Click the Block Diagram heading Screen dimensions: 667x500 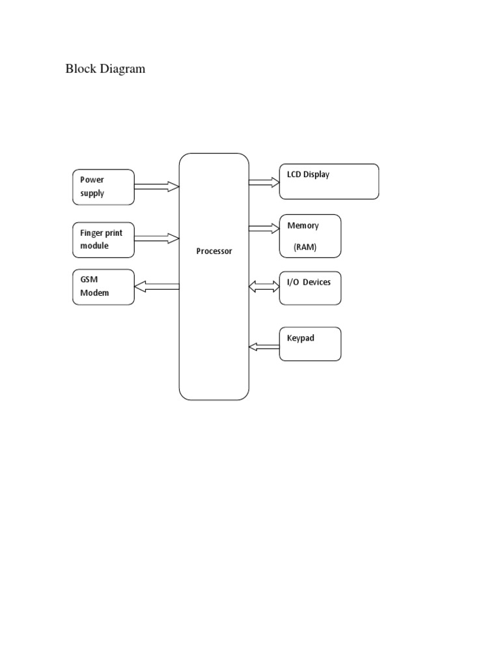[105, 68]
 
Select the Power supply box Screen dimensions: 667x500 [104, 186]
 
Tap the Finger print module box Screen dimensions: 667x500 [104, 239]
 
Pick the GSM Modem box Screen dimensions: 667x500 [104, 287]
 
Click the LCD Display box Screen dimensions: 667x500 [329, 181]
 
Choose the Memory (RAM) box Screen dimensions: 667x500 [310, 236]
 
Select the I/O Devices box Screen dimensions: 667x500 [310, 288]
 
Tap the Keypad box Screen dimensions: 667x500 [310, 343]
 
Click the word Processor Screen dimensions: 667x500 [214, 251]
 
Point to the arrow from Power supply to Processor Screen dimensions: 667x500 [157, 186]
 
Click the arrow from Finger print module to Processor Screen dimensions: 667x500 [157, 239]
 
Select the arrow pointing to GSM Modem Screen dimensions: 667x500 [157, 285]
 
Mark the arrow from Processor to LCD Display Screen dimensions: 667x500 [264, 182]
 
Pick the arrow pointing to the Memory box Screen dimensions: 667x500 [264, 228]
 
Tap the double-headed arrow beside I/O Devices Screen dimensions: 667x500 [264, 286]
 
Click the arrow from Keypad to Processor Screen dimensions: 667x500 [264, 347]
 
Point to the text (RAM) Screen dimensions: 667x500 [305, 248]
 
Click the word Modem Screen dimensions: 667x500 [94, 293]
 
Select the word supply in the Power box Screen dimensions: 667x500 [92, 193]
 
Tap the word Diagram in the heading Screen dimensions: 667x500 [123, 68]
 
